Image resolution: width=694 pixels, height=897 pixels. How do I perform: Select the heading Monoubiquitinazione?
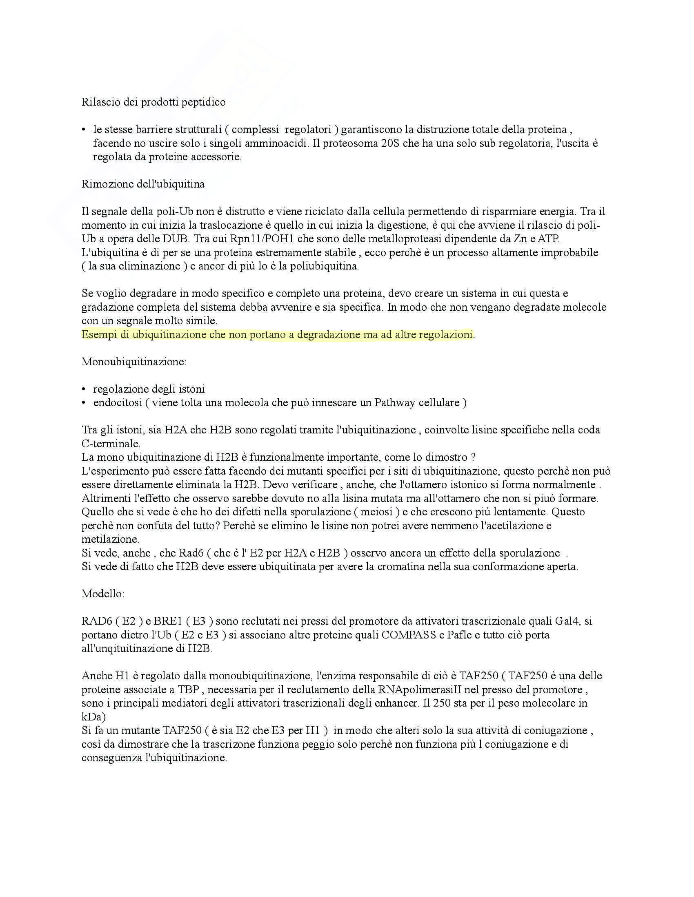coord(134,362)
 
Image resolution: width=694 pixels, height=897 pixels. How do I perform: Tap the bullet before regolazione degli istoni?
coord(84,389)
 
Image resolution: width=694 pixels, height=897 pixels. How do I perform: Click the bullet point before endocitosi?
coord(84,403)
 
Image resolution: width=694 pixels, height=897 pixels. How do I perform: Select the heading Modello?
coord(103,594)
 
